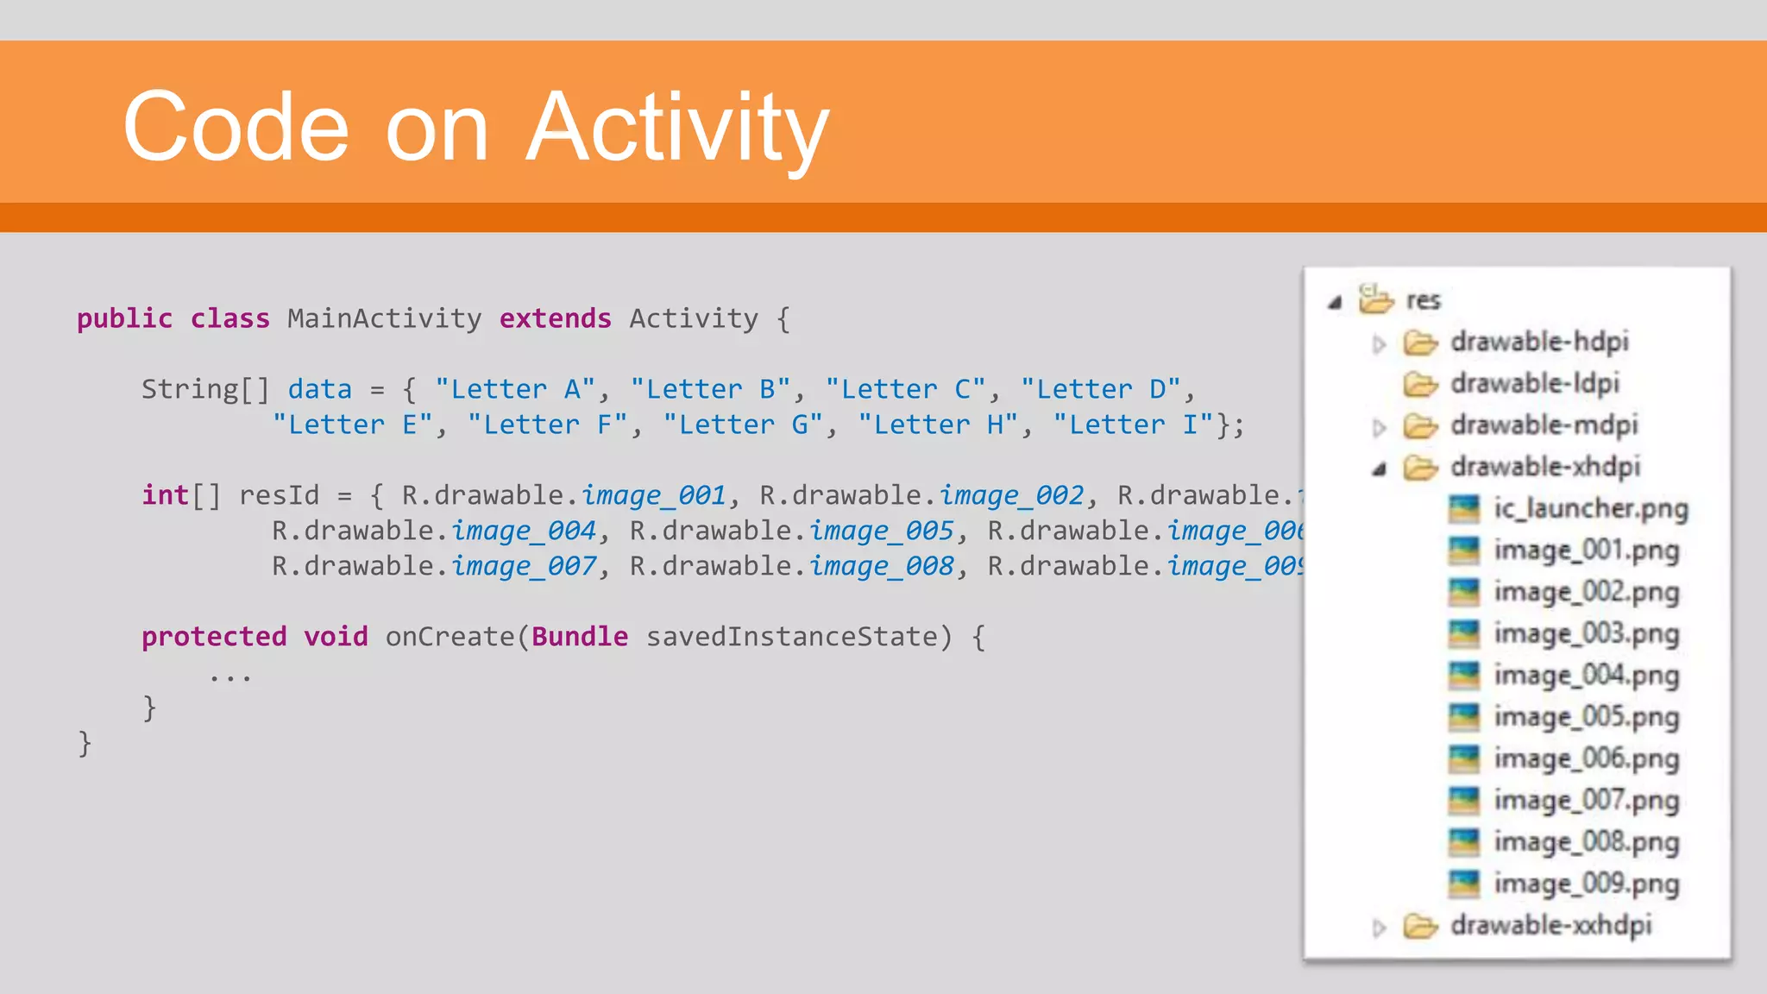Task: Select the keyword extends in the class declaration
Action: coord(555,318)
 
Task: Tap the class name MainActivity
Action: coord(384,318)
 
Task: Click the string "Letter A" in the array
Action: coord(514,389)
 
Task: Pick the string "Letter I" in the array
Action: coord(1133,425)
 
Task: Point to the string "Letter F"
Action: coord(547,425)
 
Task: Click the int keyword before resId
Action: coord(165,495)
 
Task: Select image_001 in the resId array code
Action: coord(653,495)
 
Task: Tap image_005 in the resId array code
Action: coord(881,531)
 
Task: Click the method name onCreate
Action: coord(450,637)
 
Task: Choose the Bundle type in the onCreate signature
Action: coord(580,637)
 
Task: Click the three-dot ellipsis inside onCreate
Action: coord(230,676)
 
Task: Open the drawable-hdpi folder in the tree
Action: coord(1539,342)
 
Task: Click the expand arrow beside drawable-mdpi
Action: coord(1379,426)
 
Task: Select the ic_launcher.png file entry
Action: coord(1590,508)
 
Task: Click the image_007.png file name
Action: coord(1587,800)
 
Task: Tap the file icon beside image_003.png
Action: coord(1463,634)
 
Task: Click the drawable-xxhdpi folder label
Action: coord(1550,925)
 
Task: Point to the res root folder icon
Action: coord(1375,299)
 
